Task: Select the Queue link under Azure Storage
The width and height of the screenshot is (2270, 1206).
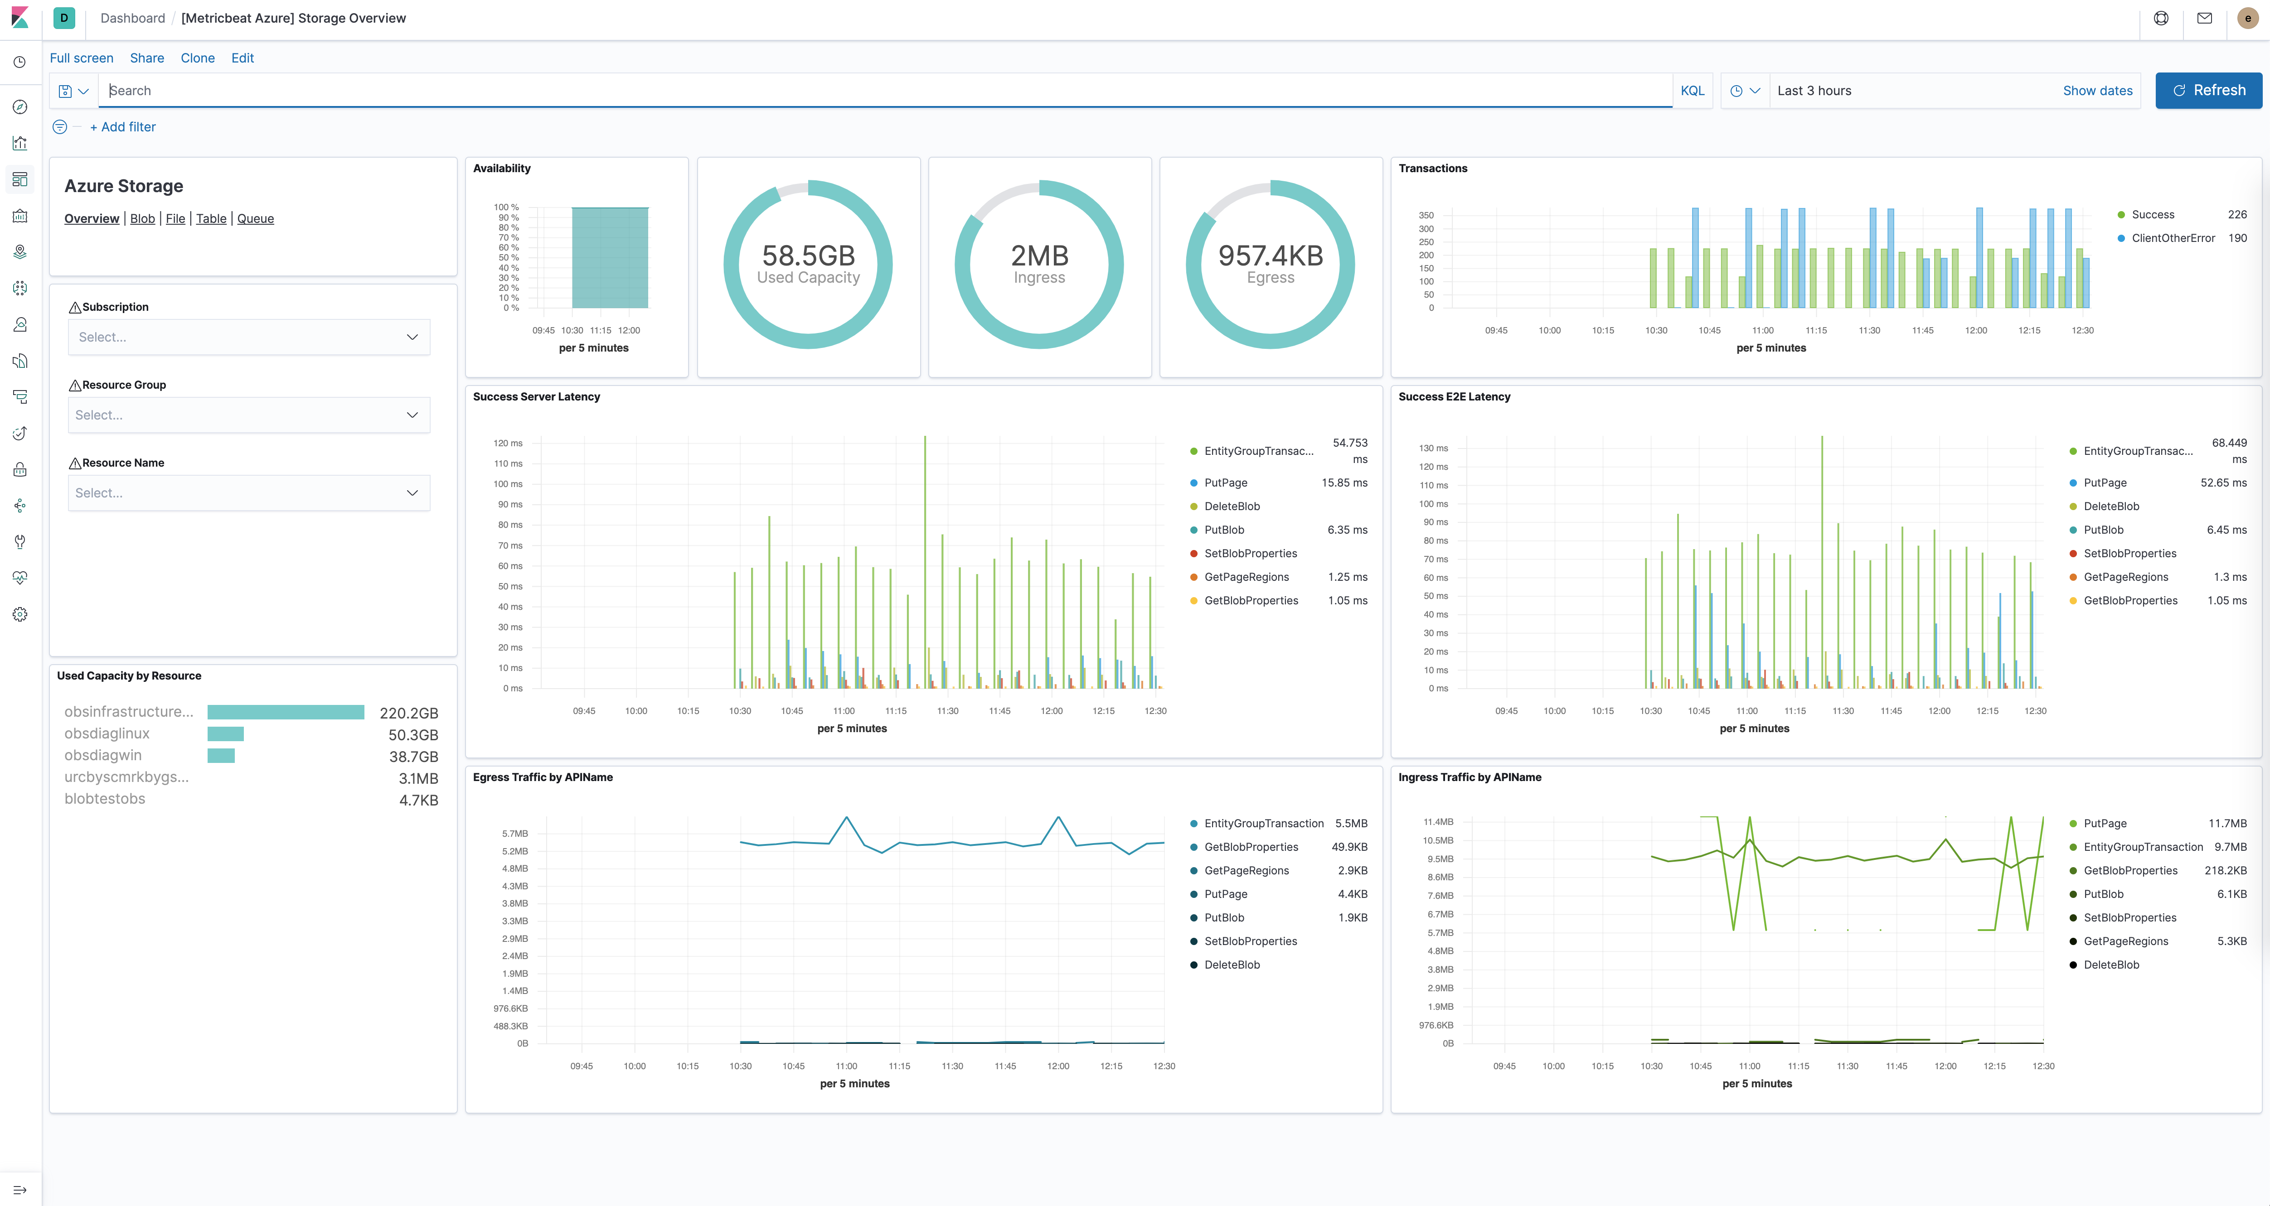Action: pos(256,218)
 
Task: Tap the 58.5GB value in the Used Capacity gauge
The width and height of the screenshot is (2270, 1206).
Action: pos(808,256)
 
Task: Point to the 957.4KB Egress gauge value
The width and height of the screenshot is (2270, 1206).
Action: pos(1270,256)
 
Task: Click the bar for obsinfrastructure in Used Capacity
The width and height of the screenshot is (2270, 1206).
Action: pos(286,712)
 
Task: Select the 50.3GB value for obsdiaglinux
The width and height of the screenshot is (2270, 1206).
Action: pos(413,735)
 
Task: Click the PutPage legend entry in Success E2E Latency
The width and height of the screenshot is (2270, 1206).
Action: pos(2105,483)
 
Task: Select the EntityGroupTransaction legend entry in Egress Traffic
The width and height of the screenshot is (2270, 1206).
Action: pos(1263,824)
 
